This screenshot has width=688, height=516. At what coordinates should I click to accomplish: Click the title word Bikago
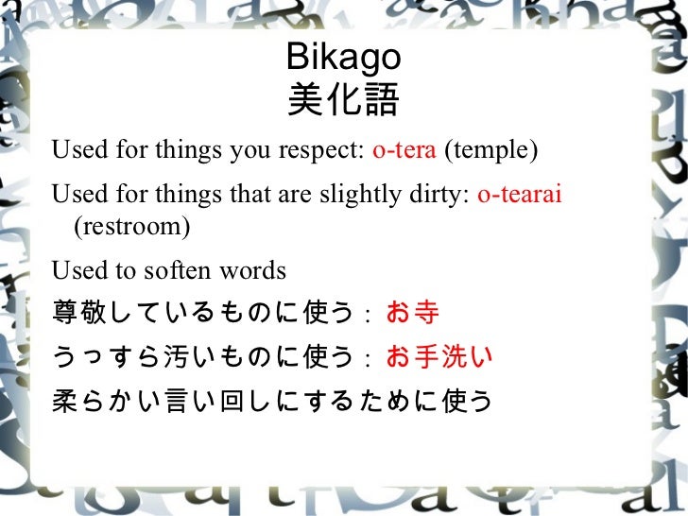point(343,59)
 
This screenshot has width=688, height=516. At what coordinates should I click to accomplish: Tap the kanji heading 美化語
point(343,99)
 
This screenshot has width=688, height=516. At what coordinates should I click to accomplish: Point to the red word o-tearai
point(520,195)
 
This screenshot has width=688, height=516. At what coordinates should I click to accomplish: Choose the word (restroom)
point(131,228)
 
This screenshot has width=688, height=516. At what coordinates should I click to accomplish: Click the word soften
point(180,271)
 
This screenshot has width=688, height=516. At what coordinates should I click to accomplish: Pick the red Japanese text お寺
point(413,313)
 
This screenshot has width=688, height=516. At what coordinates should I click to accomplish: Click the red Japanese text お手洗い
point(439,356)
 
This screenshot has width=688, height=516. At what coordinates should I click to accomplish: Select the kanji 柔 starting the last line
point(65,401)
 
